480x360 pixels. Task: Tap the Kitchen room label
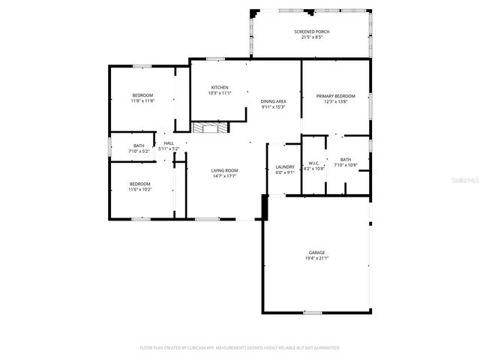click(220, 88)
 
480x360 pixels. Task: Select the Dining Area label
click(274, 101)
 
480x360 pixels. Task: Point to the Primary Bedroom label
click(335, 96)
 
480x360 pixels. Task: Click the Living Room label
click(224, 170)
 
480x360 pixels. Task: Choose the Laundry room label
click(284, 167)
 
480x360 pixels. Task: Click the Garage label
click(316, 253)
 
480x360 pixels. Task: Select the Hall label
click(169, 143)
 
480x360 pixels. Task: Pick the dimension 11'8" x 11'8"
click(142, 101)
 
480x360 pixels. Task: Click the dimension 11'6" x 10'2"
click(139, 190)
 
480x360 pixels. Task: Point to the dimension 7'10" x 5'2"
click(139, 151)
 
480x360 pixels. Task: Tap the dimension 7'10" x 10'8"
click(346, 165)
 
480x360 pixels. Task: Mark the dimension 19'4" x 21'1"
click(316, 258)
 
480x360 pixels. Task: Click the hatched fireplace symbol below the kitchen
click(207, 128)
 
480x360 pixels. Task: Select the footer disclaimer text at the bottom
click(240, 348)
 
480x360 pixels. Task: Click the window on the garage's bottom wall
click(313, 312)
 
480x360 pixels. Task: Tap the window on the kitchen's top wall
click(216, 58)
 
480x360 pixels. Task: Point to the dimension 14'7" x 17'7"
click(224, 175)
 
